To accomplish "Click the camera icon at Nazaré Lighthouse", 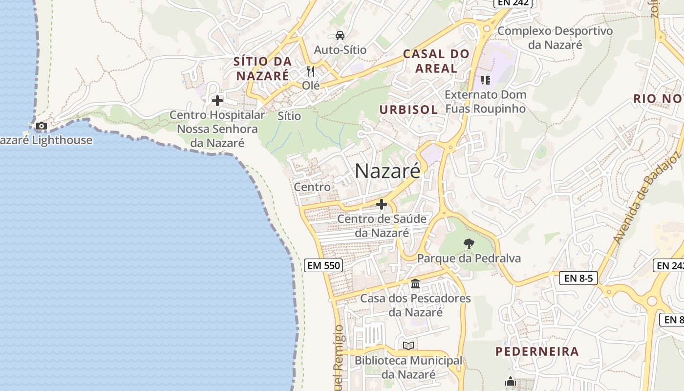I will click(x=42, y=126).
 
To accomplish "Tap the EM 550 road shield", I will click(x=323, y=265).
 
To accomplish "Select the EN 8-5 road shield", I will click(x=578, y=278).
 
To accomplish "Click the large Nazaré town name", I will click(x=387, y=171).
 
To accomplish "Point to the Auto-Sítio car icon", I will click(x=340, y=36).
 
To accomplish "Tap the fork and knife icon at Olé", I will click(x=311, y=71).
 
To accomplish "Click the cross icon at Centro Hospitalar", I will click(x=217, y=101).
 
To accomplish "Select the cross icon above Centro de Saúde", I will click(x=382, y=204).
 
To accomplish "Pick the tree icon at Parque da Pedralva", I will click(x=469, y=243).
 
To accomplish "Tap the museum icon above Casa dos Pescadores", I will click(x=415, y=283).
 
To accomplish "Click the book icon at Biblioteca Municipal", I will click(x=408, y=346).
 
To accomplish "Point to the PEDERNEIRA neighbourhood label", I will click(x=537, y=351).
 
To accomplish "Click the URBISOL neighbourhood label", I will click(x=408, y=109).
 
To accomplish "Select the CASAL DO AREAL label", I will click(x=436, y=61).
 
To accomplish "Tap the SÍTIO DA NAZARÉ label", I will click(x=263, y=69).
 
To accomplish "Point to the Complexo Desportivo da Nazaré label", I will click(x=555, y=38).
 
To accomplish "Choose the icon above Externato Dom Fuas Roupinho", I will click(x=485, y=80).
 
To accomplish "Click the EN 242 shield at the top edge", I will click(x=513, y=3).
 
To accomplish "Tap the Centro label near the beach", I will click(x=312, y=187).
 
